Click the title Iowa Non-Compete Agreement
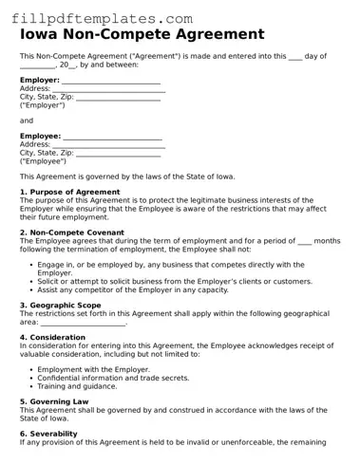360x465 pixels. (x=142, y=35)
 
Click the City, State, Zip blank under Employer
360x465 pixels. (x=118, y=98)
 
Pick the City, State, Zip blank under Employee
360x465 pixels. (x=118, y=154)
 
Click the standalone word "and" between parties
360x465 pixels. (x=27, y=121)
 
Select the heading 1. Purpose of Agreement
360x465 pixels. (x=70, y=192)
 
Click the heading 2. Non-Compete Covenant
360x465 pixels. (x=72, y=232)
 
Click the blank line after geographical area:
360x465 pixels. (x=84, y=323)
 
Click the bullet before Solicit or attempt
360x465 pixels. (x=29, y=282)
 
